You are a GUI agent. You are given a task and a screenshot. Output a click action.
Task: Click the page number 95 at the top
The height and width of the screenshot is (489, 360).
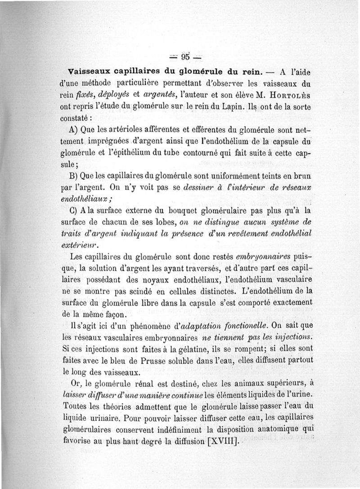coord(184,57)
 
